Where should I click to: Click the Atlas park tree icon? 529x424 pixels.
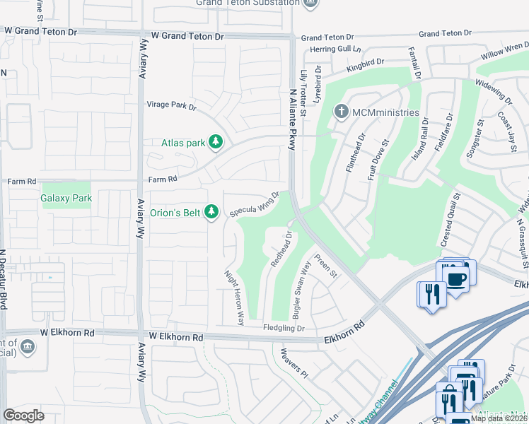[216, 143]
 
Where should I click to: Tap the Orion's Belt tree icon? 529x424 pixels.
[211, 211]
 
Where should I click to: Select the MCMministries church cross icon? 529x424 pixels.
[341, 112]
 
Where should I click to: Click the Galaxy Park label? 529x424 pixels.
[66, 199]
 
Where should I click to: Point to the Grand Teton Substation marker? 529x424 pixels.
[310, 4]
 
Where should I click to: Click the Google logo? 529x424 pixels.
[23, 416]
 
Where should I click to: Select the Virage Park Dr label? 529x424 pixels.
[170, 105]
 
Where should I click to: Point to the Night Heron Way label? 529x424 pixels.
[234, 297]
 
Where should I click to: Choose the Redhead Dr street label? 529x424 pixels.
[280, 249]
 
